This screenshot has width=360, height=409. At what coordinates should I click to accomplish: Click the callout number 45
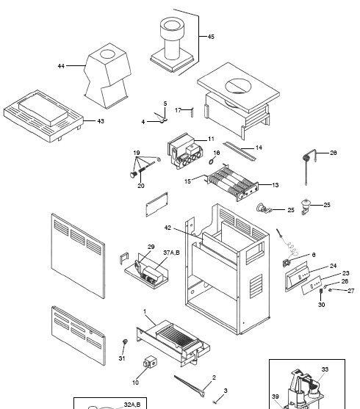coord(211,37)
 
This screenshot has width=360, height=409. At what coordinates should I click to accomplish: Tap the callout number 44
coord(62,67)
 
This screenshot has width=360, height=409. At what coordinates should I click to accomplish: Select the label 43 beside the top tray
coord(101,121)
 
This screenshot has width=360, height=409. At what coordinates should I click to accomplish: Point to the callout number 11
coord(211,139)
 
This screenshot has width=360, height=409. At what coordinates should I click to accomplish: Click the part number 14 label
coord(259,148)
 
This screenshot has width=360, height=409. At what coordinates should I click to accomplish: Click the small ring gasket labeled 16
coord(211,162)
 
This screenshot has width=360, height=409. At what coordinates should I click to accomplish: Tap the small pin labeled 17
coord(192,112)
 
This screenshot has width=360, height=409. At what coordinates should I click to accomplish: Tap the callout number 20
coord(141,186)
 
